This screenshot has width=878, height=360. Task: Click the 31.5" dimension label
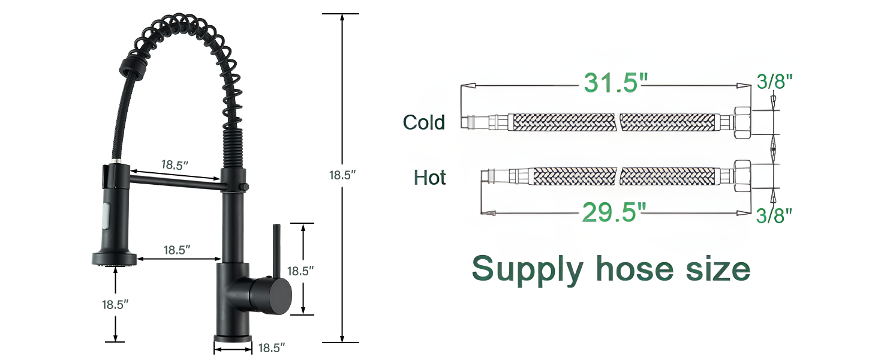click(x=615, y=83)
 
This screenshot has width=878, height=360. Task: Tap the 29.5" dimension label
click(x=614, y=212)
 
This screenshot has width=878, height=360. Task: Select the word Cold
click(x=424, y=122)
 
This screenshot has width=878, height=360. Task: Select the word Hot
click(x=429, y=178)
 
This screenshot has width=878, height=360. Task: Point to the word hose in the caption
click(x=635, y=269)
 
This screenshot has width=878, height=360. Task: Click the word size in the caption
click(x=718, y=269)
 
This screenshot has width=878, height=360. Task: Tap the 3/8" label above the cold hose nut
click(x=774, y=82)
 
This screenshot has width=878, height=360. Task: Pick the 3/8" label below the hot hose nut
click(x=774, y=215)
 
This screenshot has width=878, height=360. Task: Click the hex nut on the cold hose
click(x=742, y=122)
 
